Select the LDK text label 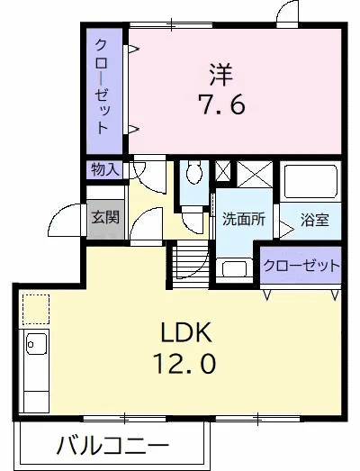[x=185, y=333]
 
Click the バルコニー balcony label [x=112, y=446]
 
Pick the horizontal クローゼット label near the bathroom [x=301, y=267]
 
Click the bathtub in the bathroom [x=309, y=185]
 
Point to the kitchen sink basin [x=36, y=343]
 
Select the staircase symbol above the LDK [x=189, y=263]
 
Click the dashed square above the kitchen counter [x=35, y=308]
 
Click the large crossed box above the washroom [x=254, y=174]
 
